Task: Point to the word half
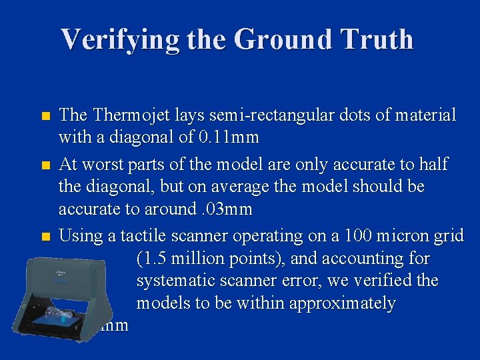(435, 164)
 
